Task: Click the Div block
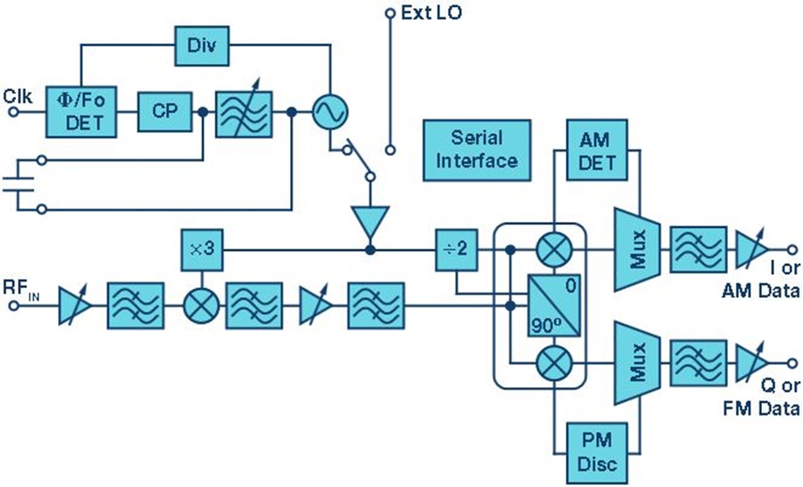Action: point(202,46)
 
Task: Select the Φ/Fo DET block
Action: point(81,111)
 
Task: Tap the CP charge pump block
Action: point(165,111)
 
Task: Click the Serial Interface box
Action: point(476,150)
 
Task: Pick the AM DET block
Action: point(597,150)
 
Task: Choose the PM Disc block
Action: point(597,453)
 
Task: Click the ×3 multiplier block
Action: point(203,250)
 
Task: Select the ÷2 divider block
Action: point(456,250)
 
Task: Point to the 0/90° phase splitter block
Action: point(554,305)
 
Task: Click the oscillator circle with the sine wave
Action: point(330,111)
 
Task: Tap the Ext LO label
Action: point(431,12)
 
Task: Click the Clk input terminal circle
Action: point(13,111)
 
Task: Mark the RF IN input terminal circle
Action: point(13,306)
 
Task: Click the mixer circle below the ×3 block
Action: point(202,306)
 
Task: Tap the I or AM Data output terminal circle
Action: point(791,250)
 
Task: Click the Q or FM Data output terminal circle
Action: point(791,363)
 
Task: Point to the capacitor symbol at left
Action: point(19,185)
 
